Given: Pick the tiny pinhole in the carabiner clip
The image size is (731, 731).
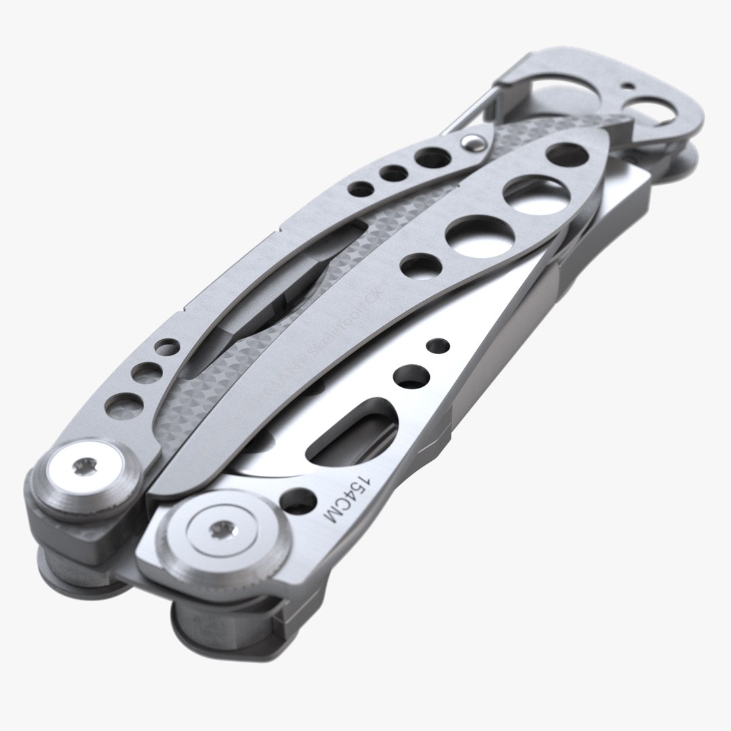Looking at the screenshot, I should pyautogui.click(x=630, y=87).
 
